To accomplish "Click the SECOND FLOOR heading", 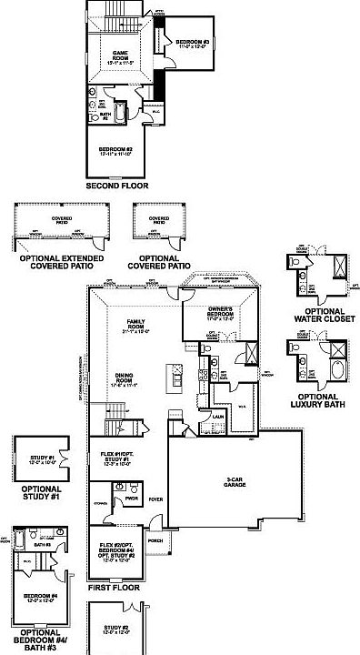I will point(116,186).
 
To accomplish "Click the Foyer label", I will point(156,499).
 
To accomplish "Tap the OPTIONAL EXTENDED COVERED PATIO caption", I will point(63,263).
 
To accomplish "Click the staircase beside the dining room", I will point(115,428).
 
